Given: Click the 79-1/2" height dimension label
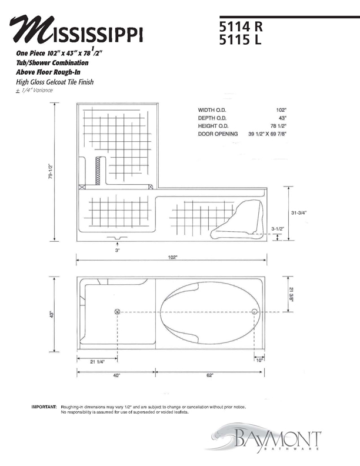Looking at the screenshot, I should click(x=51, y=172).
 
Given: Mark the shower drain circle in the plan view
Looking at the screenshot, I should click(x=117, y=312).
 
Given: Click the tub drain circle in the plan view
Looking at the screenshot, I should click(x=254, y=312).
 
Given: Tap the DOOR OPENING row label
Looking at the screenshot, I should click(x=218, y=134).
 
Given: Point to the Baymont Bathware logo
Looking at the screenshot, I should click(x=270, y=441).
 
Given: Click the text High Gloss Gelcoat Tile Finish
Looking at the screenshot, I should click(x=55, y=82).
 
